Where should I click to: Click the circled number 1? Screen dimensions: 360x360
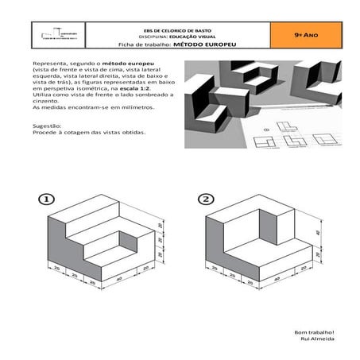tap(48, 199)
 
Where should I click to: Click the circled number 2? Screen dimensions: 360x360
tap(206, 199)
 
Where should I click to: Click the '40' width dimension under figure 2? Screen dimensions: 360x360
tap(278, 279)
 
